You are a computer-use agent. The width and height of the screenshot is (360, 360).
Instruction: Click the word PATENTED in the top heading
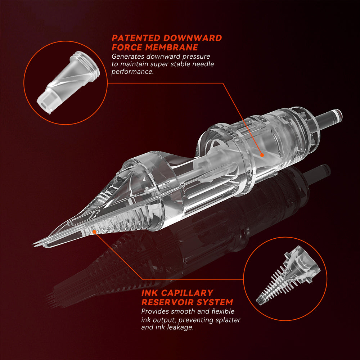click(136, 38)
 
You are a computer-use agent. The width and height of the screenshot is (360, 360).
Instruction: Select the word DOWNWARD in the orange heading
click(192, 38)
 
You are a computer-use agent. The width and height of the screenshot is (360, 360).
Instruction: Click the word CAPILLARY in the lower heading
click(190, 293)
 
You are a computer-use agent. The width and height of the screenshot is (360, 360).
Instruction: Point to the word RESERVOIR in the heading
click(168, 302)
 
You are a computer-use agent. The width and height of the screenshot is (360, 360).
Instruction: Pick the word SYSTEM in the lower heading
click(215, 302)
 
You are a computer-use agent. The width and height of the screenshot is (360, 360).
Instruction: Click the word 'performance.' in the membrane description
click(132, 72)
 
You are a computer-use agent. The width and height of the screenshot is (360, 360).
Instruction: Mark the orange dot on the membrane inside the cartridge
click(262, 155)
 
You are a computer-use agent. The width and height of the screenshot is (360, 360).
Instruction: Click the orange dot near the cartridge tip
click(94, 232)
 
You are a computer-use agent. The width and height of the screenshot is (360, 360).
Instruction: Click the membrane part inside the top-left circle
click(68, 82)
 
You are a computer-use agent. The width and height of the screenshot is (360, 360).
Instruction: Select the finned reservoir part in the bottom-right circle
click(288, 275)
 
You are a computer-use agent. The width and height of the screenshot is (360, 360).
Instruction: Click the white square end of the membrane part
click(46, 102)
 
